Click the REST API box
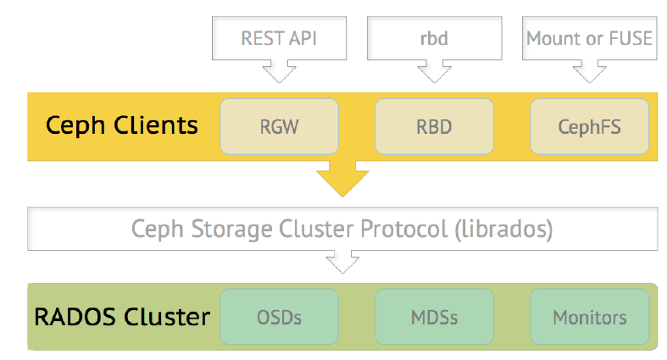[279, 38]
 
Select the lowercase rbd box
[434, 38]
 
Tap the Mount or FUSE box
[590, 38]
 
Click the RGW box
[279, 126]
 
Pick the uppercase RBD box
[434, 126]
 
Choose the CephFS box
[590, 126]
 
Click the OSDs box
[279, 317]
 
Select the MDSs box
[434, 317]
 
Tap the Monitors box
[590, 317]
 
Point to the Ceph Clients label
[122, 126]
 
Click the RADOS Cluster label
[122, 317]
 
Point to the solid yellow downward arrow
[342, 179]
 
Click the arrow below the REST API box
[279, 71]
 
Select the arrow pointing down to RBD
[434, 71]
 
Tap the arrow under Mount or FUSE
[590, 71]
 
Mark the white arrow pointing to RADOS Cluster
[342, 262]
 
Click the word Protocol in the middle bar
[403, 229]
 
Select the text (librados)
[503, 230]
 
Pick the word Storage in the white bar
[231, 230]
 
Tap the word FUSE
[631, 38]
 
